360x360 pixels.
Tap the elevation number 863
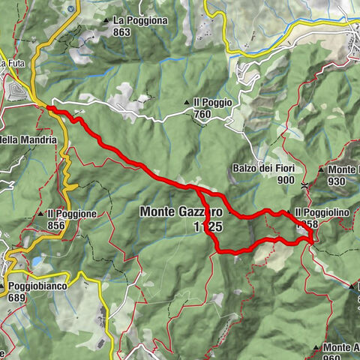click(x=122, y=32)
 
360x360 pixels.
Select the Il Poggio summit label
click(x=212, y=103)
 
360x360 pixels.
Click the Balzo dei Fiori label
click(x=263, y=169)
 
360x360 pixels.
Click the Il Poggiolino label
click(x=322, y=213)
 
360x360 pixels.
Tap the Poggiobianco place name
click(x=38, y=286)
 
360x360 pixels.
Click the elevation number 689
click(x=17, y=298)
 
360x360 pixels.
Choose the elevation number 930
click(x=335, y=181)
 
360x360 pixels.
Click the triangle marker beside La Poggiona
click(x=109, y=21)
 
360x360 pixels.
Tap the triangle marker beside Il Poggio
click(x=187, y=103)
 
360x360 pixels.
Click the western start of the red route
click(x=49, y=109)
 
